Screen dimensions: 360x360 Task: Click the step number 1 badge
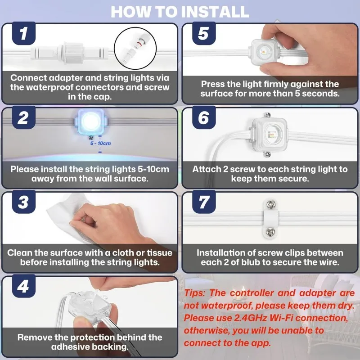24,33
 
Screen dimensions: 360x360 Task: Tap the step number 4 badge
24,286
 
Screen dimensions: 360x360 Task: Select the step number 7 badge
204,202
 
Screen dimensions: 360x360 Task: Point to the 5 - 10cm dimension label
100,143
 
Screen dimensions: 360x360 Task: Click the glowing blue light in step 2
91,121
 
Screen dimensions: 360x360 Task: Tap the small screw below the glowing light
91,137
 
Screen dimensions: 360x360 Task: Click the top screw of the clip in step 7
270,204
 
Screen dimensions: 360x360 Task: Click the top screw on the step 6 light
267,115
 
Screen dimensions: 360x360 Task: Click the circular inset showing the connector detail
135,49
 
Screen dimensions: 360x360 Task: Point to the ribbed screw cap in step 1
73,53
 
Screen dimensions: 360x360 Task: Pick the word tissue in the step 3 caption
160,253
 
